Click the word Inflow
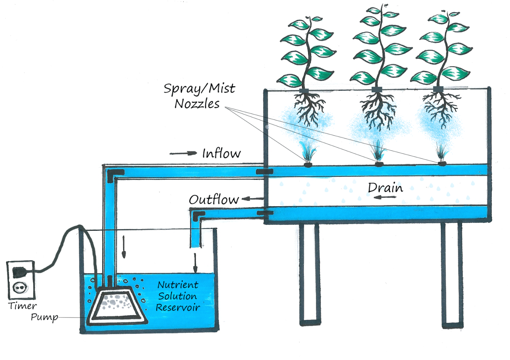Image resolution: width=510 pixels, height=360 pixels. pos(221,153)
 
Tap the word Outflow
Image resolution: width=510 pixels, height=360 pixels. pos(213,199)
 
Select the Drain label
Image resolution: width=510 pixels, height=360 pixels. pos(385,187)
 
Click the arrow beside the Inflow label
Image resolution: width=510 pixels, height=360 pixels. pos(183,153)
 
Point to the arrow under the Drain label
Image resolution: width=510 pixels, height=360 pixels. pos(386,197)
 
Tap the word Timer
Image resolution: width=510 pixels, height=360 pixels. pos(22,306)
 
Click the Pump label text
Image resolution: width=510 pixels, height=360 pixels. pos(44,317)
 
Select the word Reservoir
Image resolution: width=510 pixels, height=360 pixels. pos(178,308)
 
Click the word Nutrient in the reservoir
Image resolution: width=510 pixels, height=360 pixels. pos(178,285)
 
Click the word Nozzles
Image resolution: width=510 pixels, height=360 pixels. pos(197,104)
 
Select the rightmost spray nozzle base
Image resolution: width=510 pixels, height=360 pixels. pos(442,164)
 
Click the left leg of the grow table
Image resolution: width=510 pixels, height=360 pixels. pos(309,274)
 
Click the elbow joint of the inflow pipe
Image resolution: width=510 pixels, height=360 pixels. pos(114,174)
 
